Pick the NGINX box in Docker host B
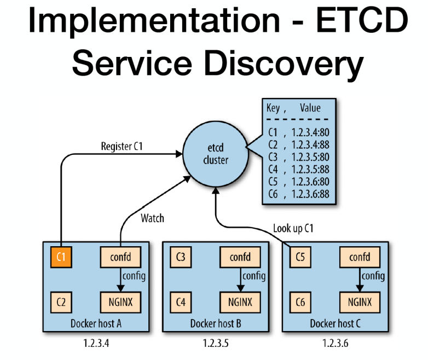[x=239, y=301]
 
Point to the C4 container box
[x=181, y=301]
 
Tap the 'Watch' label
[x=152, y=218]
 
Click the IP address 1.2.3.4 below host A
[x=96, y=344]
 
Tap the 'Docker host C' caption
[x=335, y=323]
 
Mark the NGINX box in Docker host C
[x=359, y=301]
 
